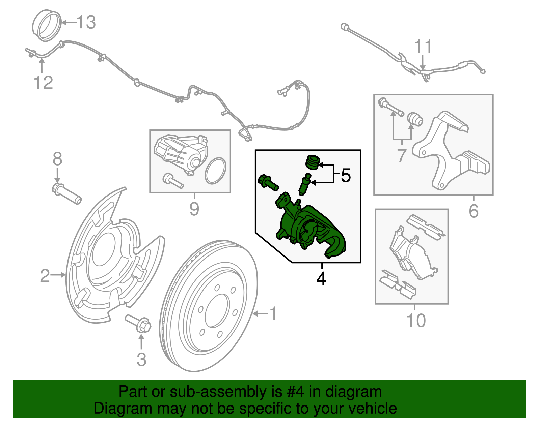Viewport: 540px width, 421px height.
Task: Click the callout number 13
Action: [86, 23]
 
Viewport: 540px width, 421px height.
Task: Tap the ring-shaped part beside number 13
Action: [47, 26]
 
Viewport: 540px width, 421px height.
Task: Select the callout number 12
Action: [43, 83]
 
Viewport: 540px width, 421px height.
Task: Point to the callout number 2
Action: [45, 275]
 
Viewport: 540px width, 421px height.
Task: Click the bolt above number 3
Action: [138, 323]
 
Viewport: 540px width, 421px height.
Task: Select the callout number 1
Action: [273, 313]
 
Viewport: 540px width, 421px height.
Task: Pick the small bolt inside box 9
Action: [172, 180]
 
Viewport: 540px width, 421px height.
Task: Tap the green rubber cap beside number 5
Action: [313, 162]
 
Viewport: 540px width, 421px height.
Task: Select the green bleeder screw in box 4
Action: [304, 184]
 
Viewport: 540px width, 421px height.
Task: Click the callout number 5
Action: [346, 176]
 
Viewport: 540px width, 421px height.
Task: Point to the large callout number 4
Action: [321, 279]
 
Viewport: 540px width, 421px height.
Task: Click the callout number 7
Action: [401, 155]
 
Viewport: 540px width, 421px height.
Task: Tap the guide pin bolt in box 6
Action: [391, 107]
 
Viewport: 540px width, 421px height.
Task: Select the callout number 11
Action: [423, 47]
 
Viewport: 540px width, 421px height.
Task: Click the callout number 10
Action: [416, 321]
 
